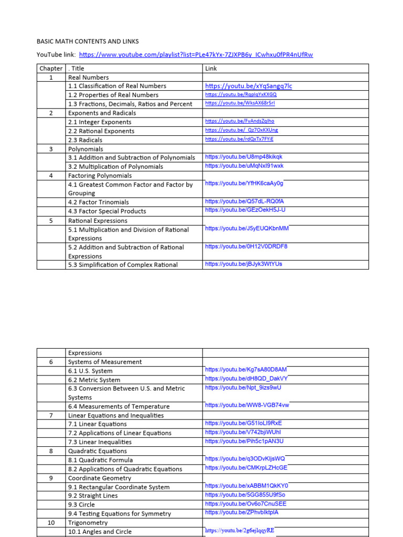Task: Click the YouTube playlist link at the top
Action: [x=196, y=55]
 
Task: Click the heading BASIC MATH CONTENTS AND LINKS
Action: [x=88, y=41]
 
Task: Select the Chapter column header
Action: [x=50, y=68]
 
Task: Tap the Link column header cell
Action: [x=211, y=68]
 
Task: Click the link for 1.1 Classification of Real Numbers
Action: [x=249, y=86]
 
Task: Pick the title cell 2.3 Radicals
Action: [x=85, y=140]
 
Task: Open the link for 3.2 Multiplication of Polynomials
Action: [x=244, y=166]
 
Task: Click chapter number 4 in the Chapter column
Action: [x=51, y=176]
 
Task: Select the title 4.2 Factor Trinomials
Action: [x=98, y=202]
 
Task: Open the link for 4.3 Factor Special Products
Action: [x=245, y=210]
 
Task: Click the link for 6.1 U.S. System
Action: [x=246, y=370]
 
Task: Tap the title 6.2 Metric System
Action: [x=94, y=380]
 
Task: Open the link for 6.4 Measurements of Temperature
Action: [x=247, y=405]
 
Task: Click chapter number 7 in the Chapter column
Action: [x=51, y=415]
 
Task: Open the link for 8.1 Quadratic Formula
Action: [x=245, y=458]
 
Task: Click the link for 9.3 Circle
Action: [x=246, y=503]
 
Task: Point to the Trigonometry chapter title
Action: [x=88, y=523]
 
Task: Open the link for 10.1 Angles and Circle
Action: [x=239, y=530]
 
